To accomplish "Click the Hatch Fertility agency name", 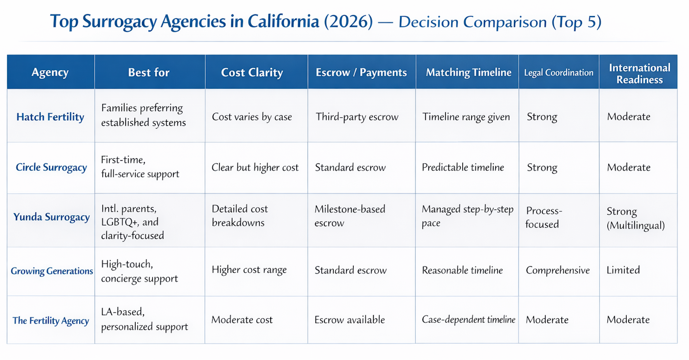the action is point(50,117).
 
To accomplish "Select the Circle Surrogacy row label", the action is point(51,167).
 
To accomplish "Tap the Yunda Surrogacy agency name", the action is point(52,217).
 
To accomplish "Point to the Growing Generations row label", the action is point(52,271).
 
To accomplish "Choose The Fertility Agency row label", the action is point(51,321).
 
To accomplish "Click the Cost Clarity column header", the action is point(252,72).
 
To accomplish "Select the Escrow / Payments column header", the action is point(361,72).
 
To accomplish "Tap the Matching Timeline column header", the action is point(469,72).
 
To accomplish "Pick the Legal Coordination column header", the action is point(559,73).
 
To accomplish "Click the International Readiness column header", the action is point(640,74).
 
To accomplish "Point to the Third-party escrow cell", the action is point(357,117).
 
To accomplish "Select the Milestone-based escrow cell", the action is point(350,216).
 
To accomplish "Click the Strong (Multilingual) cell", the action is point(636,218).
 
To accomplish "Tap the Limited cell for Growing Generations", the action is point(623,270).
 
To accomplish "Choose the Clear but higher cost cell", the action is point(255,167).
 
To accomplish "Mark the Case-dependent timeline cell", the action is point(469,320).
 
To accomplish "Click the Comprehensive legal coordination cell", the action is point(558,270).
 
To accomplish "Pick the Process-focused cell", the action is point(544,217).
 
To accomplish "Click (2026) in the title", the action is point(349,22).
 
